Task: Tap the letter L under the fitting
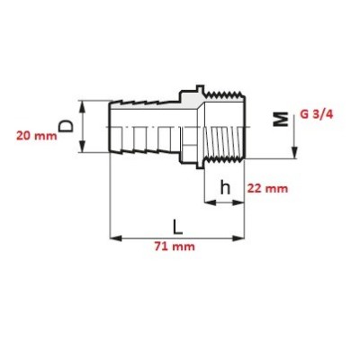click(177, 222)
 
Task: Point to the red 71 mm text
click(175, 247)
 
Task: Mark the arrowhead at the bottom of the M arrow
click(294, 152)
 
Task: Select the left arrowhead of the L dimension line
click(114, 238)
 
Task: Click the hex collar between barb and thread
click(190, 127)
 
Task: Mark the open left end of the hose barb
click(112, 127)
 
